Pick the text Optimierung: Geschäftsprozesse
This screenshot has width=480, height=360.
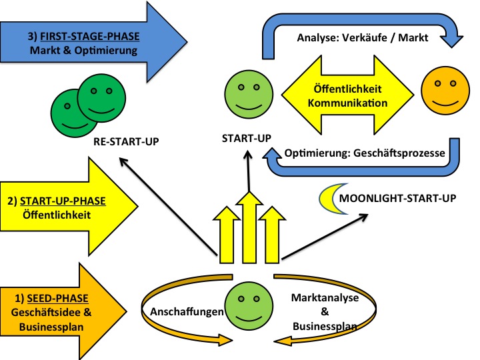365,153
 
